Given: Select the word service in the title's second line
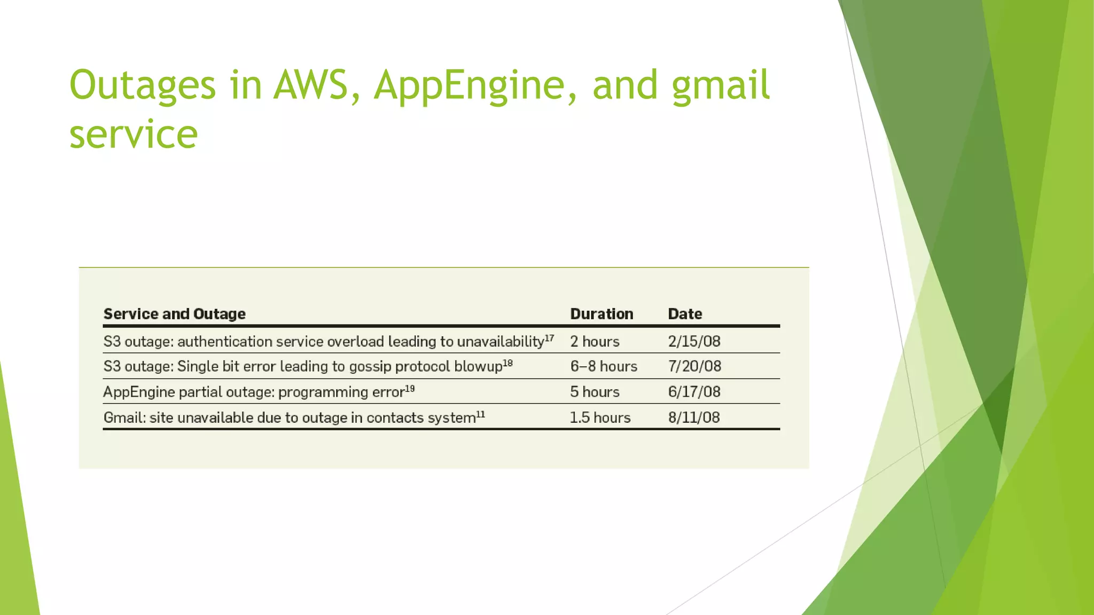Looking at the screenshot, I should pos(134,134).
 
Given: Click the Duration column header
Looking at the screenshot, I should pos(601,314).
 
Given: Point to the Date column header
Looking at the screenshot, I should pos(685,314).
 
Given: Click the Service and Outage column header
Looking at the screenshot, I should pos(175,314).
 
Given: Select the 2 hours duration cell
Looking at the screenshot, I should pos(595,342).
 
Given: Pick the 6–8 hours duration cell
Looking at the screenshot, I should pos(604,367).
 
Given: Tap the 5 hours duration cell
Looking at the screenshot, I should pos(595,392).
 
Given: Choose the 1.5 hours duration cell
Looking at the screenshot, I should pos(600,417).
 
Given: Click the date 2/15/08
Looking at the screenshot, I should pos(694,342).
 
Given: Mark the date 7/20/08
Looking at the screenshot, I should pos(694,367).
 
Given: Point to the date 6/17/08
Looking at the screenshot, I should pos(694,392).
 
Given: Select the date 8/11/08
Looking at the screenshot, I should pos(694,417).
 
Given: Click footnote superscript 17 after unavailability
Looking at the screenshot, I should pos(549,338).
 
